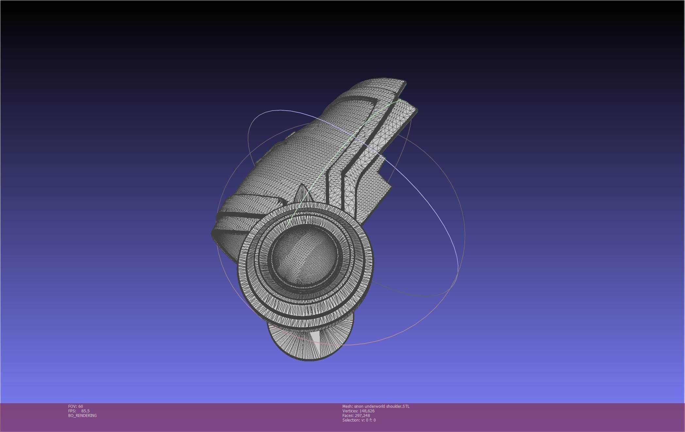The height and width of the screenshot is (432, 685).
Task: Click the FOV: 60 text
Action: coord(75,406)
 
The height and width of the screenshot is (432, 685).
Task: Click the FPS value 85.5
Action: coord(85,411)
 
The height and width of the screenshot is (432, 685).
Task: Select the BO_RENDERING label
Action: coord(82,415)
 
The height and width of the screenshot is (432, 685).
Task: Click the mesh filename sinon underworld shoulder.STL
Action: coord(381,406)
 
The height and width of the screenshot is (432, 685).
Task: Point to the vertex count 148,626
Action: coord(367,411)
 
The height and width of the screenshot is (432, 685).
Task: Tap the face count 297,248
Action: coord(362,415)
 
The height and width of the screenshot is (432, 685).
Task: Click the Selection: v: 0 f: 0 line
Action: coord(359,420)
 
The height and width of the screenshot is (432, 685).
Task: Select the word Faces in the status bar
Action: coord(348,415)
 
